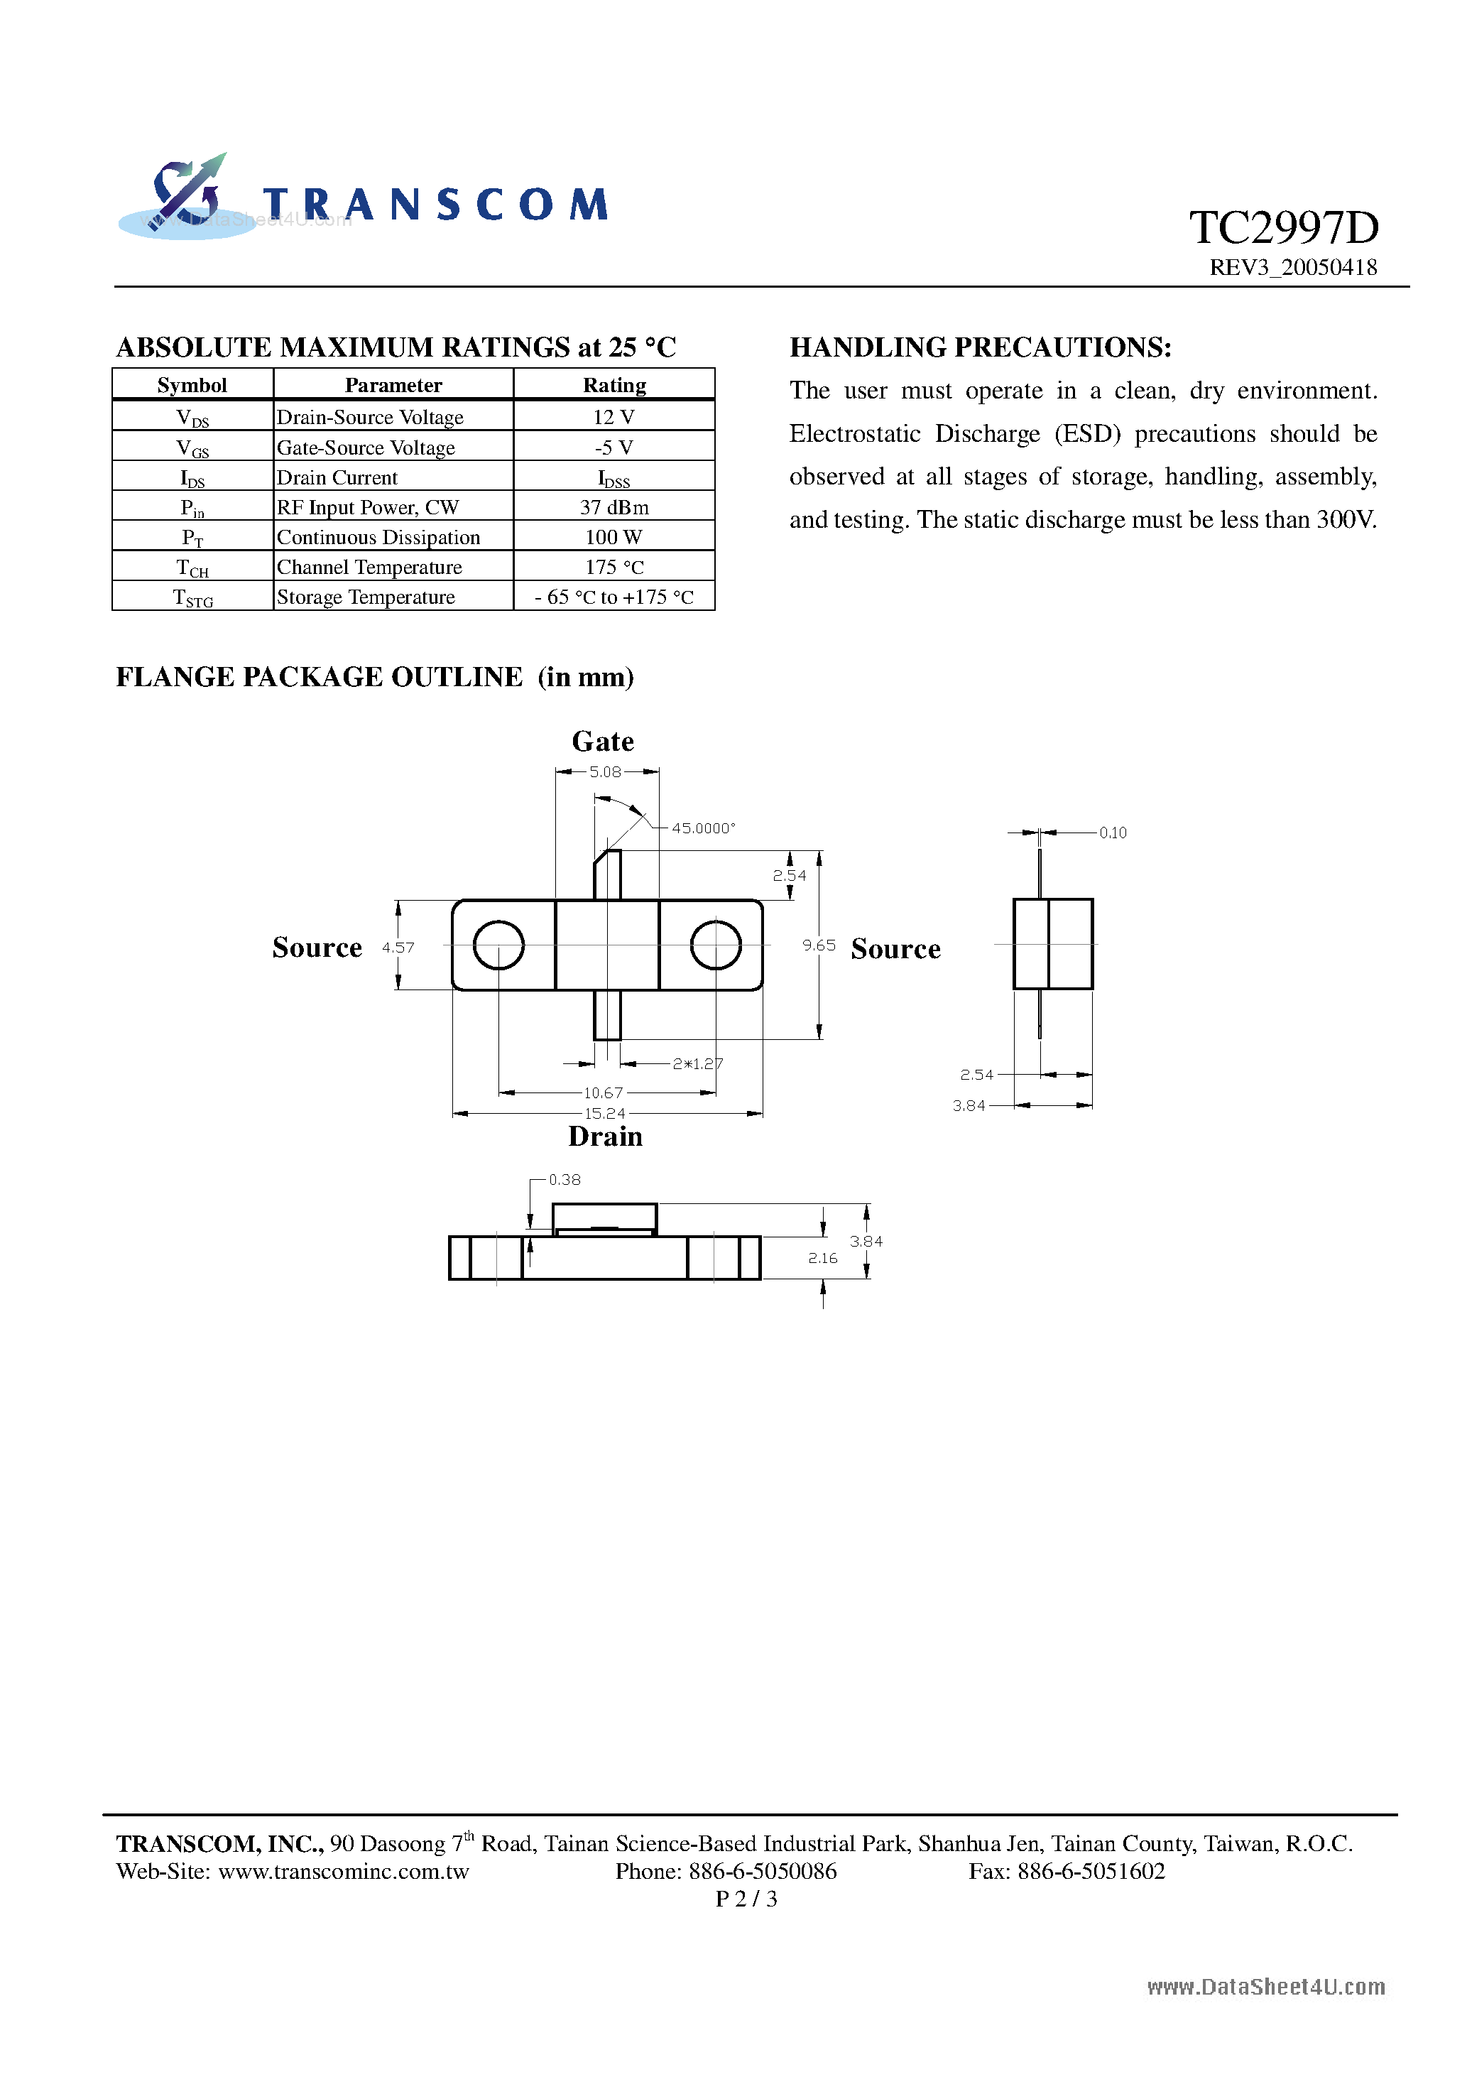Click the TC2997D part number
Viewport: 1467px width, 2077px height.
click(x=1282, y=228)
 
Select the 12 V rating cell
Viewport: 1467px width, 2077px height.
click(x=613, y=417)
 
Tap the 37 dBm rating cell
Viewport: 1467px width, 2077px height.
click(x=613, y=507)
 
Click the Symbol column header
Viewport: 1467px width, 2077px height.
click(x=192, y=386)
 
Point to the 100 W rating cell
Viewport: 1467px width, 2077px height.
click(x=613, y=537)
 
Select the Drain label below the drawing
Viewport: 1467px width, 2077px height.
click(x=605, y=1137)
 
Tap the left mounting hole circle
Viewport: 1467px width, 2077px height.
click(x=498, y=945)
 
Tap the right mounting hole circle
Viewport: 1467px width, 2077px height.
click(x=716, y=945)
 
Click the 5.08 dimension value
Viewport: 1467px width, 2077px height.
click(x=605, y=771)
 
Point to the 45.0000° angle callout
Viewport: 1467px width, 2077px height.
click(x=704, y=828)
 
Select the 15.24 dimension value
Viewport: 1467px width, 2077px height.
click(x=604, y=1114)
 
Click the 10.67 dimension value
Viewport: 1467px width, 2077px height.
click(x=604, y=1092)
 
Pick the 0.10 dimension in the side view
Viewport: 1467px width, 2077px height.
click(x=1113, y=833)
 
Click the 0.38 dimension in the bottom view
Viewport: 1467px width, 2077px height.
click(x=565, y=1180)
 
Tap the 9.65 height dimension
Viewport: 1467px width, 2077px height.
click(x=819, y=945)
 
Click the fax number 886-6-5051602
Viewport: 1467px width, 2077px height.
click(x=1091, y=1871)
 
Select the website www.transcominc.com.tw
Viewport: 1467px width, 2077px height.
click(x=344, y=1871)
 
